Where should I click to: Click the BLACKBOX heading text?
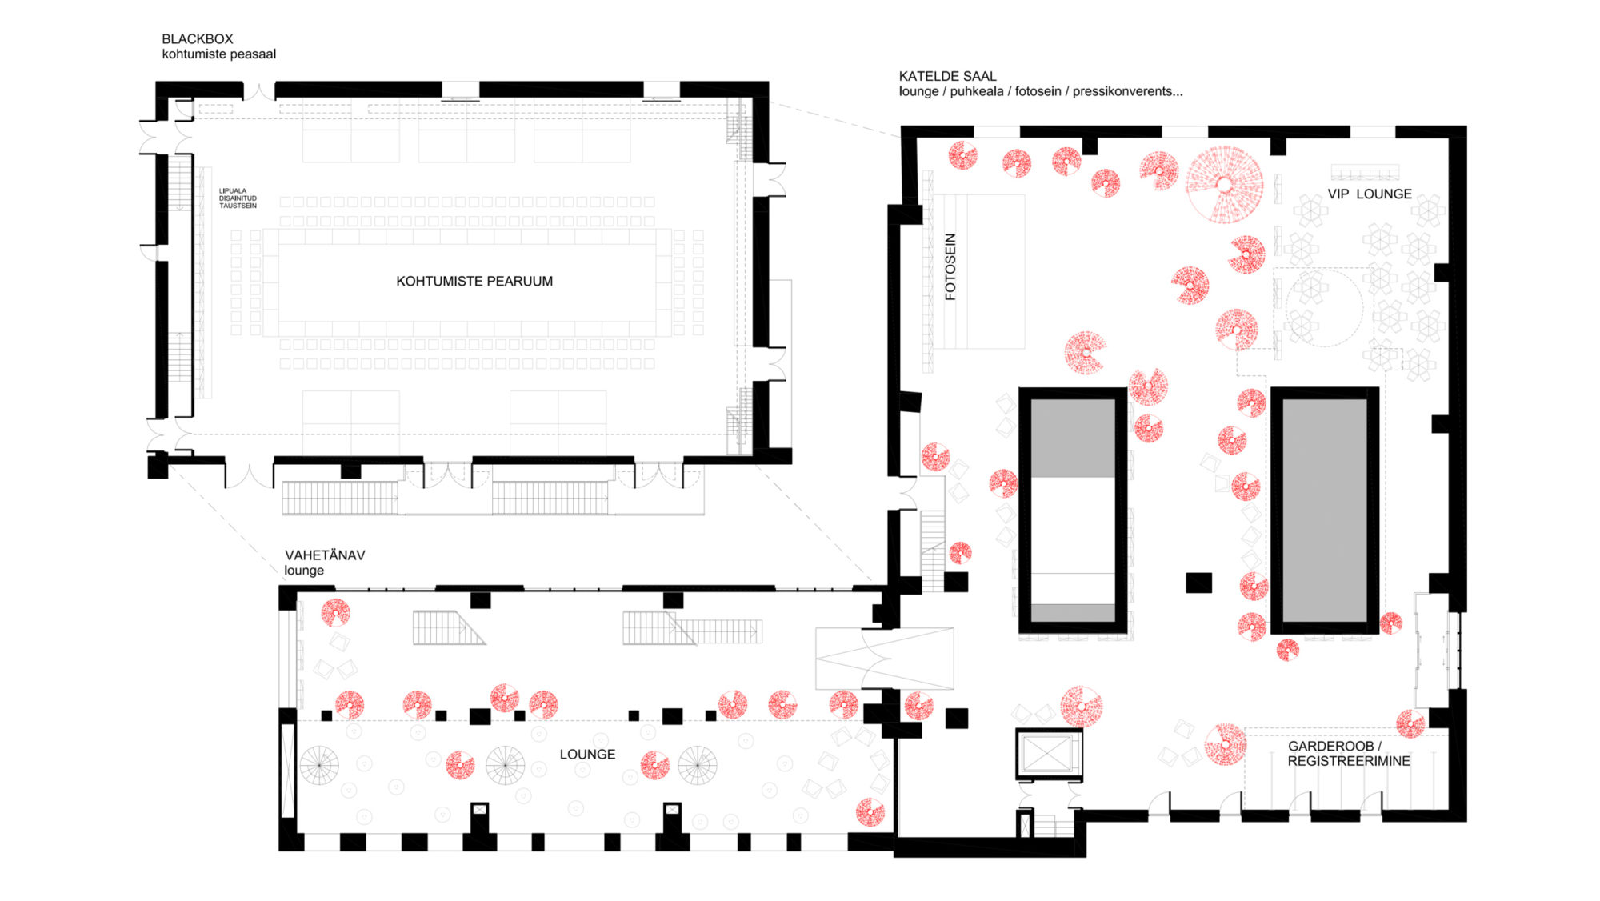[x=198, y=38]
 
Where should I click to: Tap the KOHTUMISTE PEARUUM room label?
[x=474, y=281]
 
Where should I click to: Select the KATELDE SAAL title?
[x=947, y=76]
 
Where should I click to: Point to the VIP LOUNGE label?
[x=1370, y=194]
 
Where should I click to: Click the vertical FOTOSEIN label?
[x=950, y=266]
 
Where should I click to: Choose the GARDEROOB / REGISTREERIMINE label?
[x=1349, y=753]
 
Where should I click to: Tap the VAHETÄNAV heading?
[x=325, y=555]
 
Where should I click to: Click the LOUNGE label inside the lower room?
[x=587, y=754]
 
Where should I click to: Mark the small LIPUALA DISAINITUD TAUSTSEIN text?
[x=238, y=198]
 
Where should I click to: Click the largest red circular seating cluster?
[x=1224, y=184]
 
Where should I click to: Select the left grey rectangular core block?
[x=1073, y=511]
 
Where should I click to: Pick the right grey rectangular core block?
[x=1325, y=511]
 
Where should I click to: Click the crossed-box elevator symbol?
[x=1048, y=754]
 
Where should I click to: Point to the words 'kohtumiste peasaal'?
[x=218, y=54]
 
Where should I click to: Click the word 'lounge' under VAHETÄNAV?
[x=304, y=571]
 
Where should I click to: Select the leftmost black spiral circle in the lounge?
[x=319, y=765]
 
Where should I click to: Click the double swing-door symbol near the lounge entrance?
[x=884, y=659]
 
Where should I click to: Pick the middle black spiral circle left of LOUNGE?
[x=506, y=765]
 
